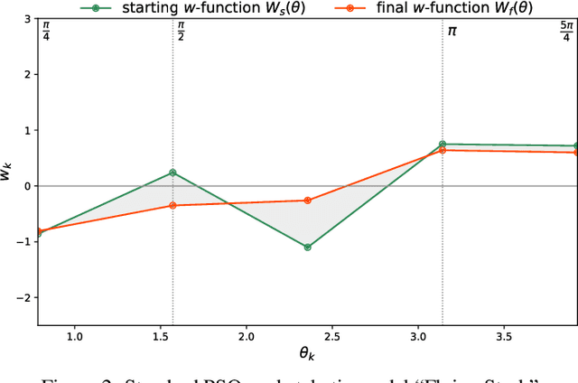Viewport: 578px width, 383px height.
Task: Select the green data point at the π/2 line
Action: [x=172, y=173]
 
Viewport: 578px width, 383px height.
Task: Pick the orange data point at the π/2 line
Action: [x=172, y=206]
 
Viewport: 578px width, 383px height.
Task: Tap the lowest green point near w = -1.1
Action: [x=308, y=247]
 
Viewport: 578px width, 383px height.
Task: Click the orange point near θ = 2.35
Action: [x=308, y=201]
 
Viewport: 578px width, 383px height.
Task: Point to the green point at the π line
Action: [x=443, y=144]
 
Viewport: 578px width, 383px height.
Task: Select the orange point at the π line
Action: [x=443, y=150]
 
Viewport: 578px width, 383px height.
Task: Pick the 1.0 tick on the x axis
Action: [x=74, y=337]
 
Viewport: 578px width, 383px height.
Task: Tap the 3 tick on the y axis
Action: [x=27, y=18]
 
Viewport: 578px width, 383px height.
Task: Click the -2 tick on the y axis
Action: [x=23, y=298]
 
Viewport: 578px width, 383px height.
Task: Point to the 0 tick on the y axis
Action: [x=27, y=186]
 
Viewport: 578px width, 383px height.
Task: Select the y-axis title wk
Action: [x=7, y=172]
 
